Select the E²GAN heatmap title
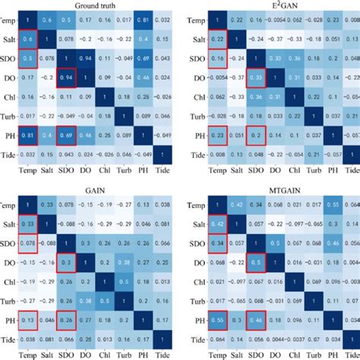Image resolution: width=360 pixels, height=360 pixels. pyautogui.click(x=277, y=5)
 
